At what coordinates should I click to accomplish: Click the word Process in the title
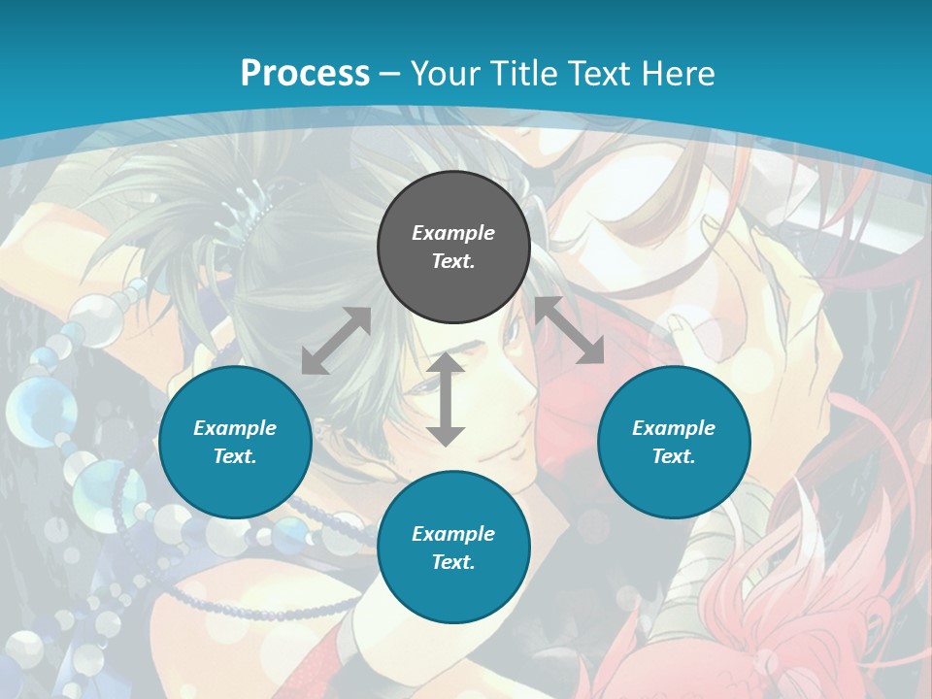pyautogui.click(x=305, y=74)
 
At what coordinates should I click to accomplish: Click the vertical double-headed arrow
pyautogui.click(x=446, y=400)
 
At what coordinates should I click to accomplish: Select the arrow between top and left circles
pyautogui.click(x=336, y=341)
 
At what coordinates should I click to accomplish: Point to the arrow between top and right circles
pyautogui.click(x=569, y=330)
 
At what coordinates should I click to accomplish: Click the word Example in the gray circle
pyautogui.click(x=453, y=233)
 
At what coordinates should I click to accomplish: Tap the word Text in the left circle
pyautogui.click(x=235, y=456)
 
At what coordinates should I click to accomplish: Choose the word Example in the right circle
pyautogui.click(x=674, y=428)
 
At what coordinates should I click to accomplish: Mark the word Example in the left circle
pyautogui.click(x=235, y=428)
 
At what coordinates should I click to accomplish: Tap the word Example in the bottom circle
pyautogui.click(x=453, y=534)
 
